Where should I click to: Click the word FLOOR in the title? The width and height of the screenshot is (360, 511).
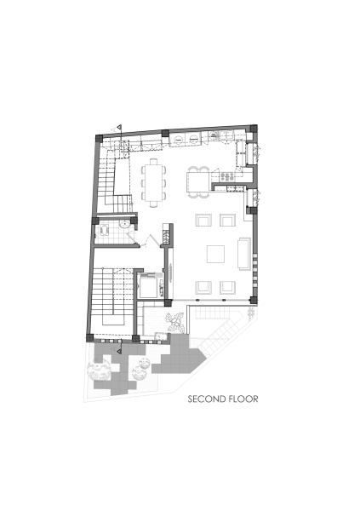pos(243,398)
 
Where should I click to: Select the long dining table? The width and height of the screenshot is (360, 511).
pos(155,181)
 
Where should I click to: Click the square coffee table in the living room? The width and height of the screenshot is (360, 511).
pos(216,254)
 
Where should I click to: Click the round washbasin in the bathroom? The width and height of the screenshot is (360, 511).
pos(124,223)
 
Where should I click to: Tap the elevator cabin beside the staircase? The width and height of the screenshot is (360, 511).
pos(148,285)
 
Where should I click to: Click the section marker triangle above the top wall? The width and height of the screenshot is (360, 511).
pos(120,128)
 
